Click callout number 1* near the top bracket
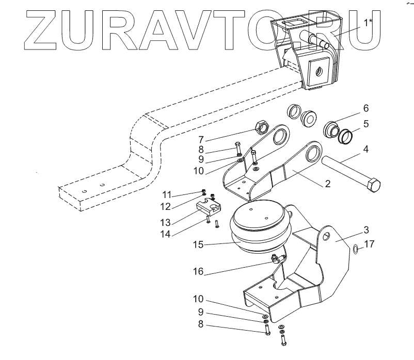368,23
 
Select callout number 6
365,109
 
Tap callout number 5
365,124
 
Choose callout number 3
365,228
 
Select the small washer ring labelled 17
356,250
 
